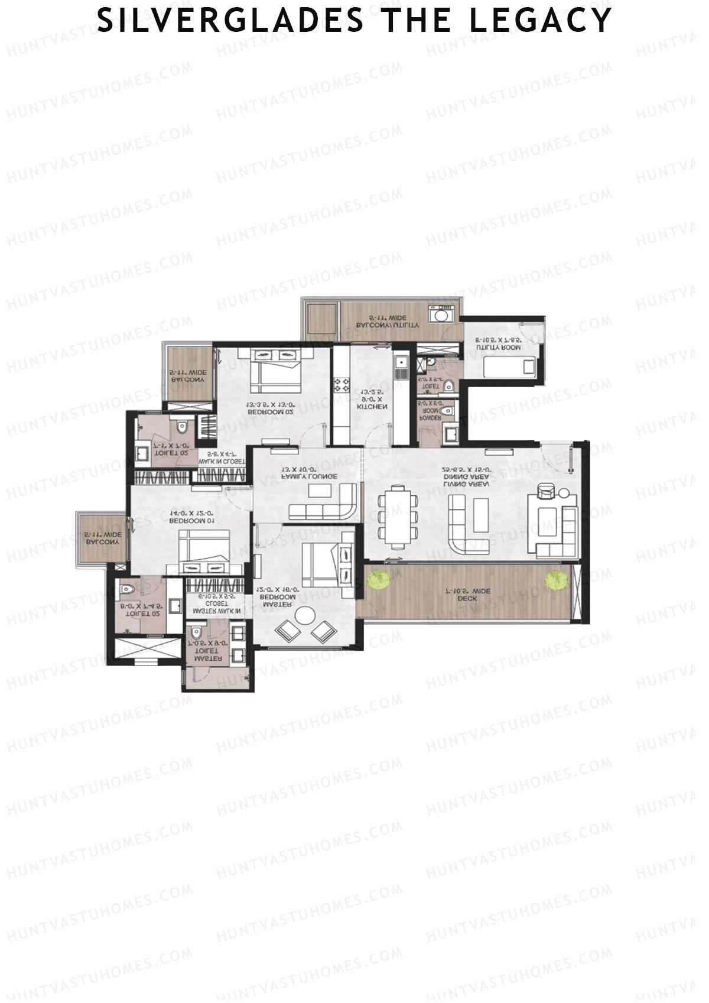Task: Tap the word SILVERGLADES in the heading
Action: (x=230, y=20)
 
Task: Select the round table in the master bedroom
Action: (x=305, y=616)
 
